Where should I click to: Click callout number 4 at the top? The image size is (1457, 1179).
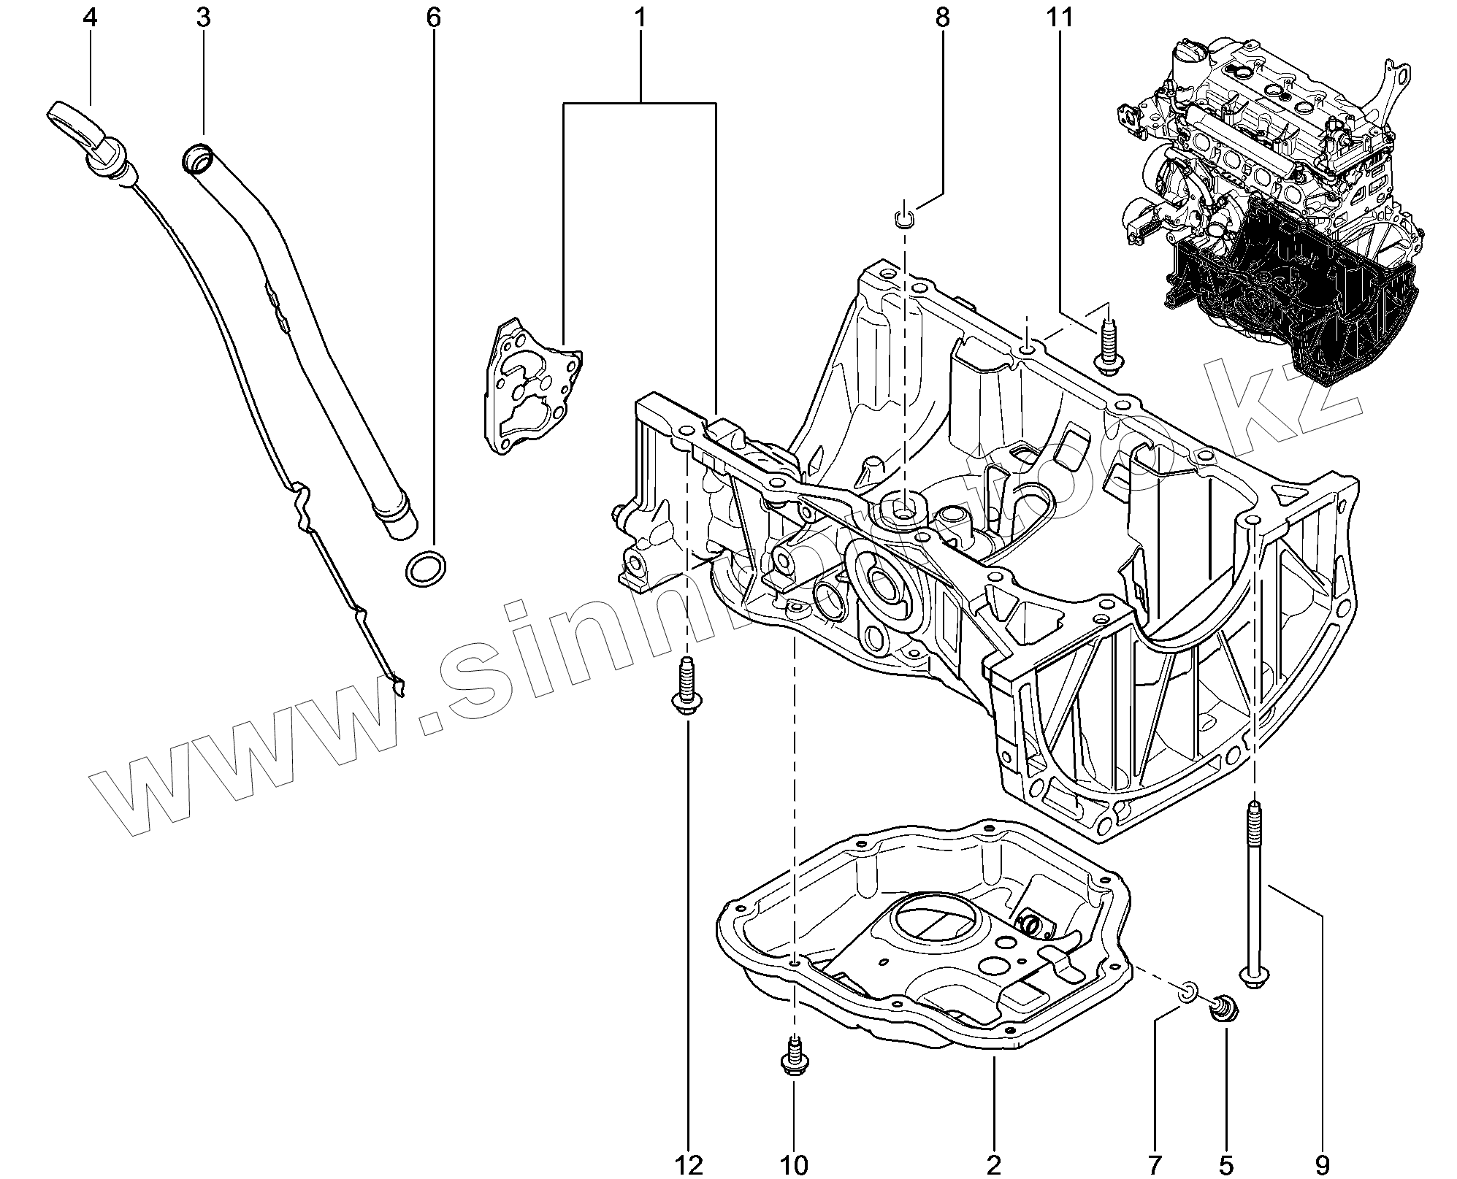(x=90, y=18)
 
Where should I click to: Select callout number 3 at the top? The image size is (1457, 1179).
(x=203, y=18)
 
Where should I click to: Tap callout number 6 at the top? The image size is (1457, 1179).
(x=434, y=18)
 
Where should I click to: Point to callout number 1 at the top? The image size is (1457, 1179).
(x=640, y=18)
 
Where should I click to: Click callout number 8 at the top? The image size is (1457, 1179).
(x=942, y=18)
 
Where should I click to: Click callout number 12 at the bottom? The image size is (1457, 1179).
(x=689, y=1164)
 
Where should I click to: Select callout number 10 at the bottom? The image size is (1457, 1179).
(x=795, y=1164)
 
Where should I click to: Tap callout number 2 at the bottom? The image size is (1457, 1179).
(x=994, y=1164)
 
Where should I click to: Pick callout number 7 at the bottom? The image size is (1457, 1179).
(x=1154, y=1164)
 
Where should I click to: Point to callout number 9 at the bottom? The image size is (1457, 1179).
(x=1322, y=1164)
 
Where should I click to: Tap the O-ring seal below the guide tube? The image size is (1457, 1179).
(x=425, y=569)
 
